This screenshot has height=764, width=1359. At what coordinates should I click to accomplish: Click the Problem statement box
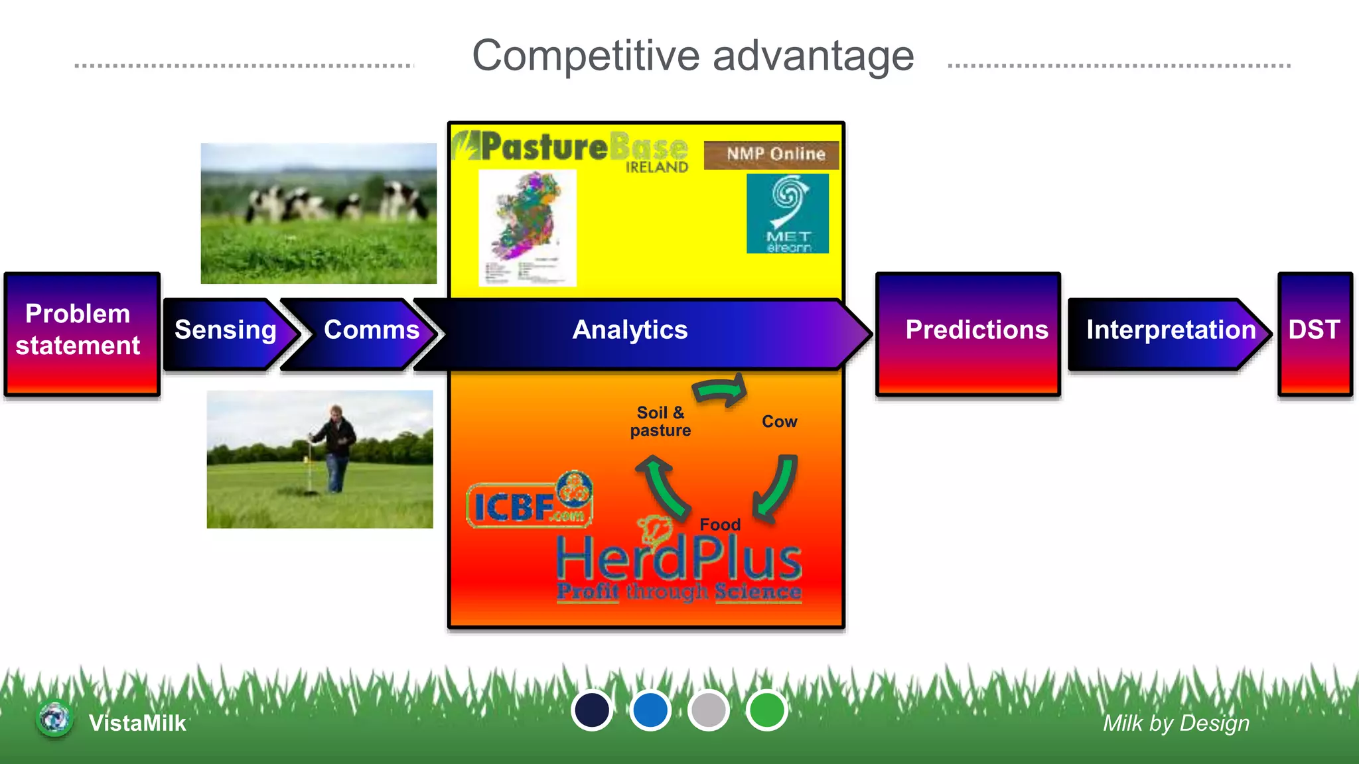click(81, 333)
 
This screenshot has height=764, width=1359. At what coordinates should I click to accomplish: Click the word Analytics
click(630, 330)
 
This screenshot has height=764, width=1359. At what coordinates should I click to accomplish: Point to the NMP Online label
click(774, 155)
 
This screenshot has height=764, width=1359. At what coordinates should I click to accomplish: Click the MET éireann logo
click(788, 214)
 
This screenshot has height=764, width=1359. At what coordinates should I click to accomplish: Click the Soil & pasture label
click(660, 422)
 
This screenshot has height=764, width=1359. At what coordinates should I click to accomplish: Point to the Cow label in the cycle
click(779, 422)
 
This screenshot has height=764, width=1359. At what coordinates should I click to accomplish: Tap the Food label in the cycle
click(720, 525)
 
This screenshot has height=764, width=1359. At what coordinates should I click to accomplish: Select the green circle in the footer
click(766, 710)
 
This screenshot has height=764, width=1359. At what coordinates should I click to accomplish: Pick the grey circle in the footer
click(708, 710)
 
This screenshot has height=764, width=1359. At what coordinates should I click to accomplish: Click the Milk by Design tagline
click(1175, 723)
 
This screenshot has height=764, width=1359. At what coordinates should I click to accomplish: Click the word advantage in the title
click(813, 56)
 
